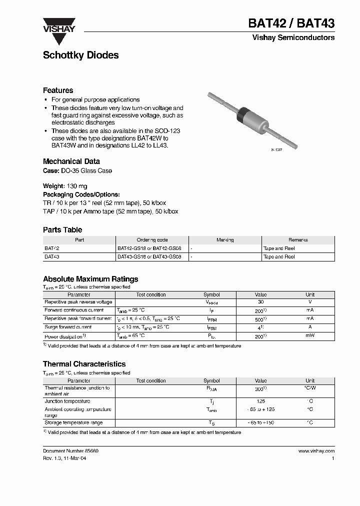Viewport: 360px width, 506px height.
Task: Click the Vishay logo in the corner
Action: pos(58,25)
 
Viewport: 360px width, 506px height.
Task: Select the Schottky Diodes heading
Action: pos(80,55)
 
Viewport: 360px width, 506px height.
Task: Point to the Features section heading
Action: pos(58,90)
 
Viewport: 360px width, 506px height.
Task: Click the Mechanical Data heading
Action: pos(71,161)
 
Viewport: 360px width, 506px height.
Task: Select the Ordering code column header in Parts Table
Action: pos(152,240)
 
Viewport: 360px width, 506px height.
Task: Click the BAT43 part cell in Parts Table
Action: pos(51,256)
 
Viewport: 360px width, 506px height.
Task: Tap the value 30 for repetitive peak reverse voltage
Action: pos(260,302)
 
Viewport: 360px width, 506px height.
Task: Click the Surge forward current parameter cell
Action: pos(68,327)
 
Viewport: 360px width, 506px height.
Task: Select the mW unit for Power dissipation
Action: pos(310,336)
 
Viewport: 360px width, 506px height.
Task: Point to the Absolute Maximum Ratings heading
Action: pos(90,279)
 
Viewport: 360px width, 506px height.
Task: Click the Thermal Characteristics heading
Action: pos(84,364)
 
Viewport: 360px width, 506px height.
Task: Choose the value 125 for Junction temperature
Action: pos(260,401)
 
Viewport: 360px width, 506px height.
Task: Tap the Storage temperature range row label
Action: pos(73,423)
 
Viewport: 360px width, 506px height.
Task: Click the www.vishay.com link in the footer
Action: pos(316,451)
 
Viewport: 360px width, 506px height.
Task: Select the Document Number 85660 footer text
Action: pos(70,451)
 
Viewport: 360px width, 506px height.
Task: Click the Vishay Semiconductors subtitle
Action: pos(300,37)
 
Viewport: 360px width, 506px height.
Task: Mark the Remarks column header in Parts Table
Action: pos(298,240)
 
